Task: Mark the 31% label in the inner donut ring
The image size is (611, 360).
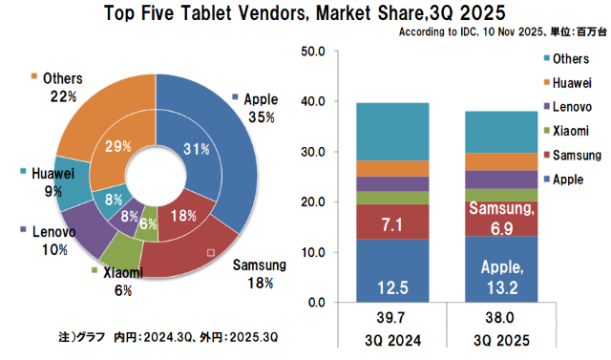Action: tap(196, 148)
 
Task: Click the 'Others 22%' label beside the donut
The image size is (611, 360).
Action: tap(54, 87)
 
